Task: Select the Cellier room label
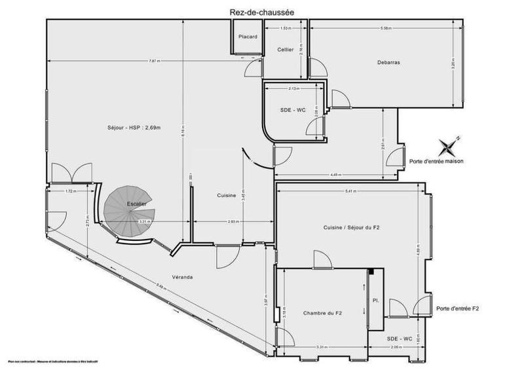(285, 50)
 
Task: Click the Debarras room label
(388, 63)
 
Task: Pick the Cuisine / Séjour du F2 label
(352, 227)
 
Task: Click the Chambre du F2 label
(322, 314)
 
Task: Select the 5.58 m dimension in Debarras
(386, 28)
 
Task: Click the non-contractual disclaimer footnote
(49, 361)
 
